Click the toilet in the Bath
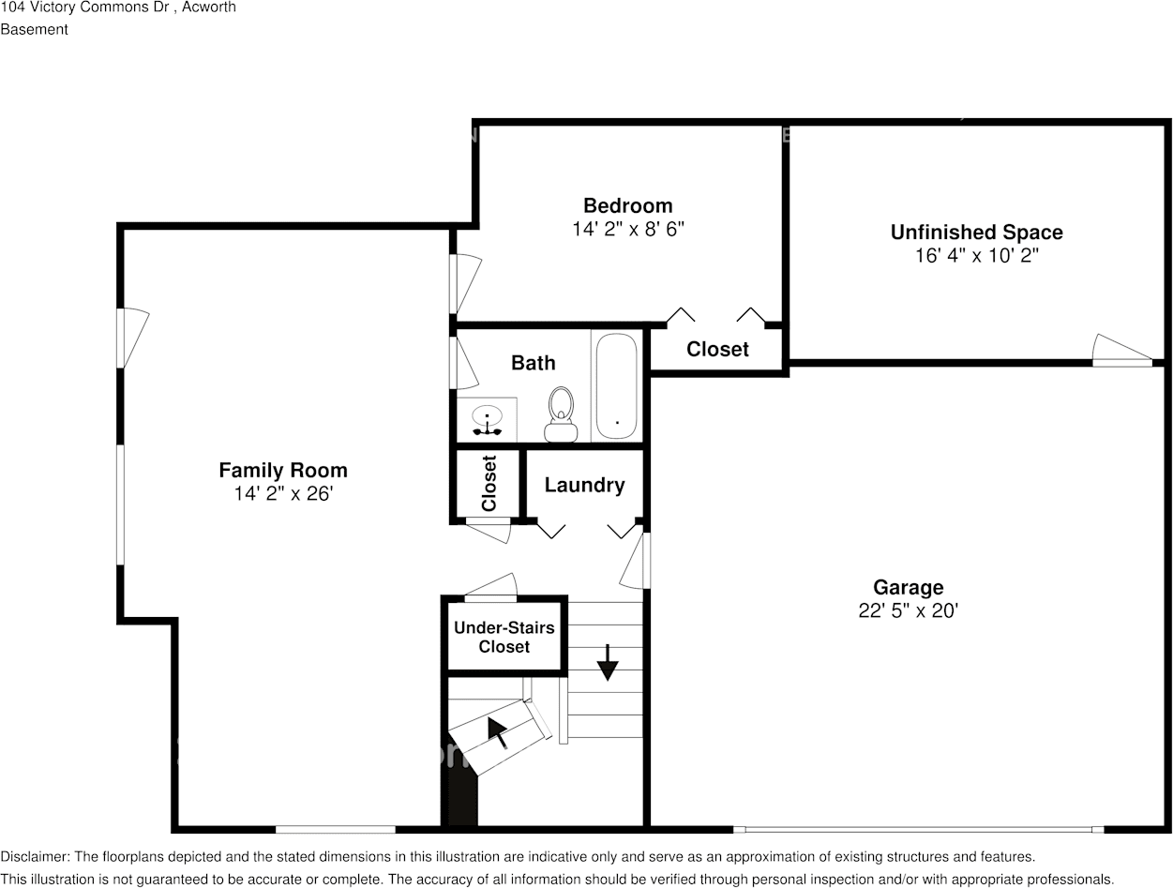coord(561,414)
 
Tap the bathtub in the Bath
coord(616,385)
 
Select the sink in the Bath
coord(487,420)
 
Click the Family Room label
coord(283,470)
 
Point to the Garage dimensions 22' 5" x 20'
coord(908,610)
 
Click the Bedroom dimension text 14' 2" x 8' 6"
coord(628,229)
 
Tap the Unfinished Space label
coord(976,233)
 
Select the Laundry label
coord(585,485)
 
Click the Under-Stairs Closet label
coord(504,637)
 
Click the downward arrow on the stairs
coord(607,663)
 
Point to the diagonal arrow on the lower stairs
coord(498,732)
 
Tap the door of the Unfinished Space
coord(1121,350)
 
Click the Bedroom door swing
coord(465,284)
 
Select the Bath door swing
coord(464,363)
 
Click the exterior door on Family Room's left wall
coord(133,339)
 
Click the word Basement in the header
coord(34,29)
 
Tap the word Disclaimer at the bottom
coord(35,856)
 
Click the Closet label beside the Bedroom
coord(717,350)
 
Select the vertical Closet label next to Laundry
coord(489,483)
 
